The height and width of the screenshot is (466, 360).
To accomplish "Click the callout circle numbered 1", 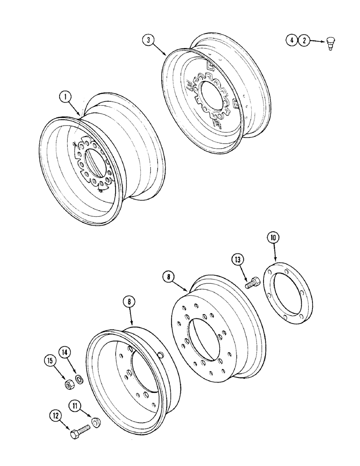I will point(65,97).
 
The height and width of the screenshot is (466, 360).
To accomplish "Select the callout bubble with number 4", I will point(291,41).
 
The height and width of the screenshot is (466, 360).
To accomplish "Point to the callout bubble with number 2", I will point(304,41).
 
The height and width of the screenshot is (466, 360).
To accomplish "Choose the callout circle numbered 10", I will point(273,238).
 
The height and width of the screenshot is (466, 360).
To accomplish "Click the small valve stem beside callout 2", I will point(331,43).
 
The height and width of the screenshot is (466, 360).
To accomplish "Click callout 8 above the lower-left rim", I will point(129,302).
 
